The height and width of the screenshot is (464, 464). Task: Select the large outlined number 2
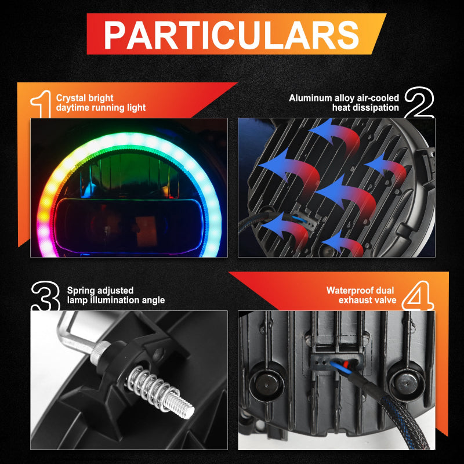click(x=419, y=103)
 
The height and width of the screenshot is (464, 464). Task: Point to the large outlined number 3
click(x=46, y=296)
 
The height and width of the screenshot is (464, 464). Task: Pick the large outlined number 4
click(x=418, y=295)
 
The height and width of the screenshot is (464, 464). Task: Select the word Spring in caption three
click(x=79, y=291)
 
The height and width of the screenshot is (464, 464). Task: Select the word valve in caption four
click(x=386, y=300)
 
